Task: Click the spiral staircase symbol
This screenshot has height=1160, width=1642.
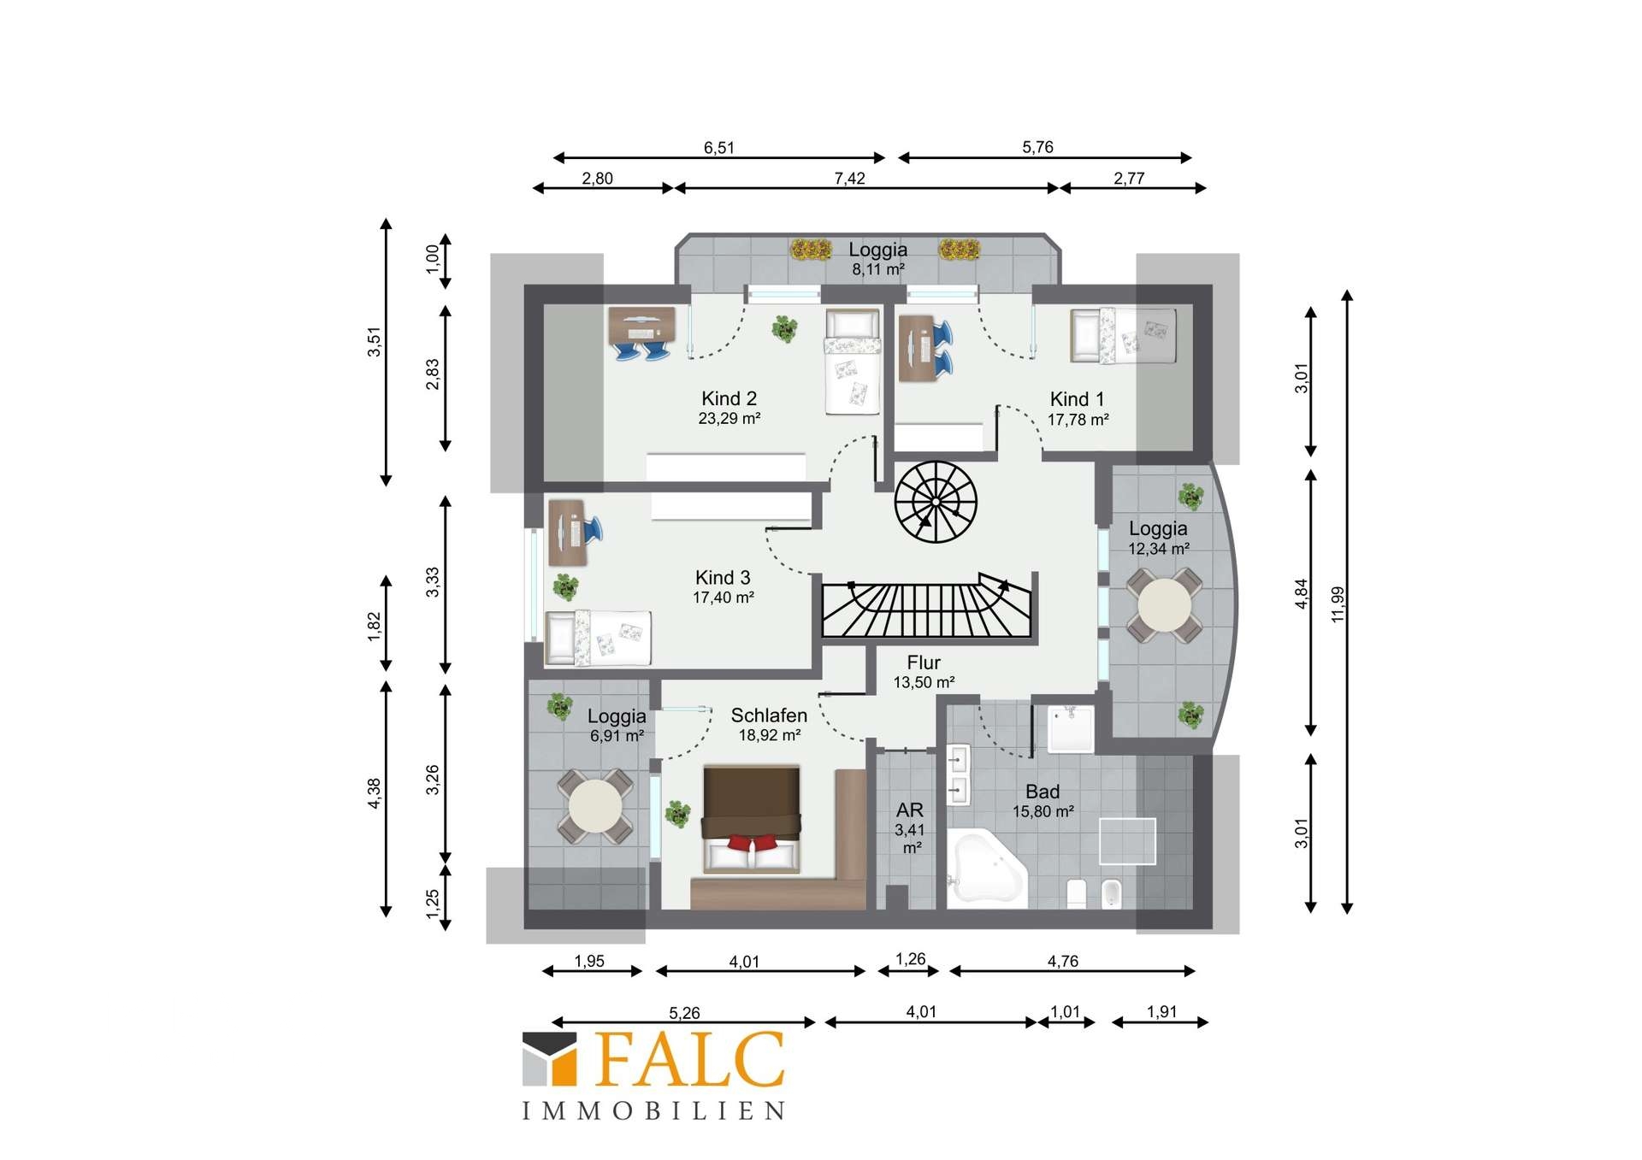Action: coord(936,502)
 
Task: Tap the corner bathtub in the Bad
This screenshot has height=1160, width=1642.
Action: coord(987,867)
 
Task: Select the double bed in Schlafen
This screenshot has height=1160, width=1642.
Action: coord(751,819)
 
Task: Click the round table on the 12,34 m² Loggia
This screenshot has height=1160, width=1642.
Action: coord(1164,605)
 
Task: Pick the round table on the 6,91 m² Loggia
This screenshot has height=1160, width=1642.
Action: coord(595,806)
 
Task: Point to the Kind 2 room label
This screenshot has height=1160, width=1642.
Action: coord(729,398)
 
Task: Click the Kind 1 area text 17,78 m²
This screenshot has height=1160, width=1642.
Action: coord(1078,420)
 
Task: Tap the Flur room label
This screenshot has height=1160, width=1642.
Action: coord(924,662)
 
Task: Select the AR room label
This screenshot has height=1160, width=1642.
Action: coord(910,810)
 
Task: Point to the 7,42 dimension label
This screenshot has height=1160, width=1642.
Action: coord(849,178)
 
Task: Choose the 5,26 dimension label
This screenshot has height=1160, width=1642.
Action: coord(684,1013)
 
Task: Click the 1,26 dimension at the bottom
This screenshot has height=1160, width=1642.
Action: coord(910,959)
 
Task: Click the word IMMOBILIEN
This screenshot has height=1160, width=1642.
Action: coord(653,1110)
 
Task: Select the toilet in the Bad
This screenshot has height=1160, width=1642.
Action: coord(1077,893)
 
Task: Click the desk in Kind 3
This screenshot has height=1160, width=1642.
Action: coord(567,533)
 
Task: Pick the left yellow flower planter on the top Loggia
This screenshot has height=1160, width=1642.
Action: coord(811,249)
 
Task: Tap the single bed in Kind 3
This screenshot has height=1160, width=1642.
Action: coord(598,637)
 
